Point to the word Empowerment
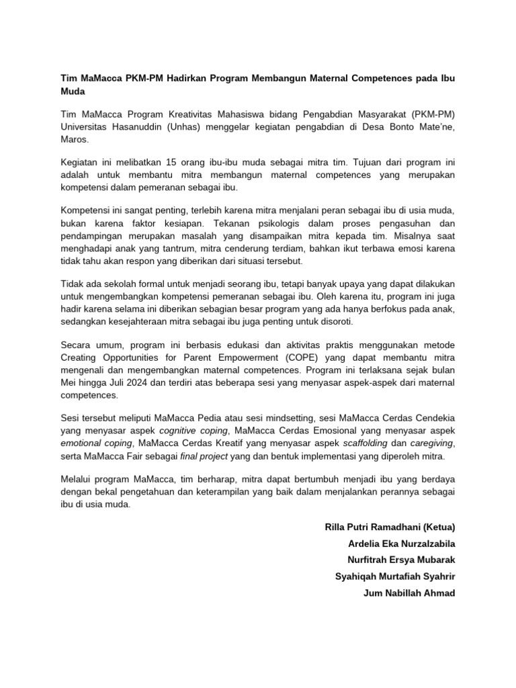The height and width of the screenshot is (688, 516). click(x=234, y=358)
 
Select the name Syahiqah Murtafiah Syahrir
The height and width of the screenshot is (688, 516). click(x=394, y=575)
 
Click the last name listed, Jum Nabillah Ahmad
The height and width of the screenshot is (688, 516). click(x=409, y=592)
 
